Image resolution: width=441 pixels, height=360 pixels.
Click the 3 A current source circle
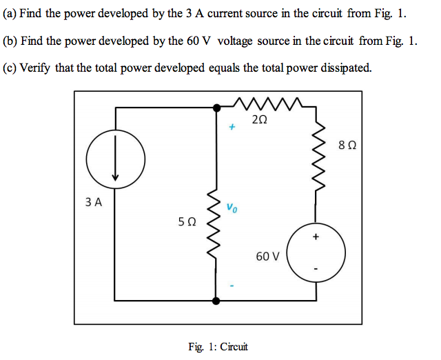(x=116, y=160)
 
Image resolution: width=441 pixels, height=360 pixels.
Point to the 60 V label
(x=267, y=257)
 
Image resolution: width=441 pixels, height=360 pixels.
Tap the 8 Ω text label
(x=348, y=146)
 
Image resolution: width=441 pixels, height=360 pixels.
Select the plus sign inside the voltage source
(x=316, y=238)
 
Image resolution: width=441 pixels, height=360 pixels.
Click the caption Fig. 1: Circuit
(x=218, y=346)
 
